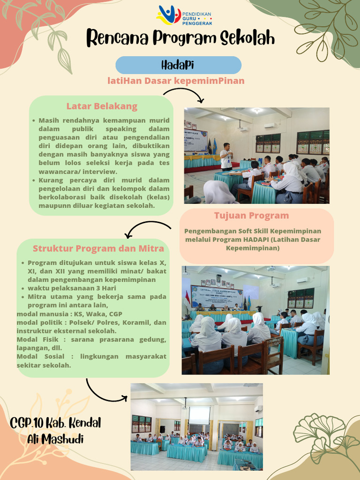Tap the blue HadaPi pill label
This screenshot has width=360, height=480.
pyautogui.click(x=178, y=65)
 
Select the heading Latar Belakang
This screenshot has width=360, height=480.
pyautogui.click(x=102, y=106)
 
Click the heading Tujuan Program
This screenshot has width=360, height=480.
pyautogui.click(x=252, y=216)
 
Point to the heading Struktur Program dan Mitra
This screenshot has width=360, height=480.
pyautogui.click(x=98, y=248)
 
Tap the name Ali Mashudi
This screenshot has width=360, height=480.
pyautogui.click(x=56, y=439)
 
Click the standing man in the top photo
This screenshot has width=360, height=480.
pyautogui.click(x=226, y=156)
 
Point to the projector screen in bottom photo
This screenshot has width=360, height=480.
pyautogui.click(x=199, y=415)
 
